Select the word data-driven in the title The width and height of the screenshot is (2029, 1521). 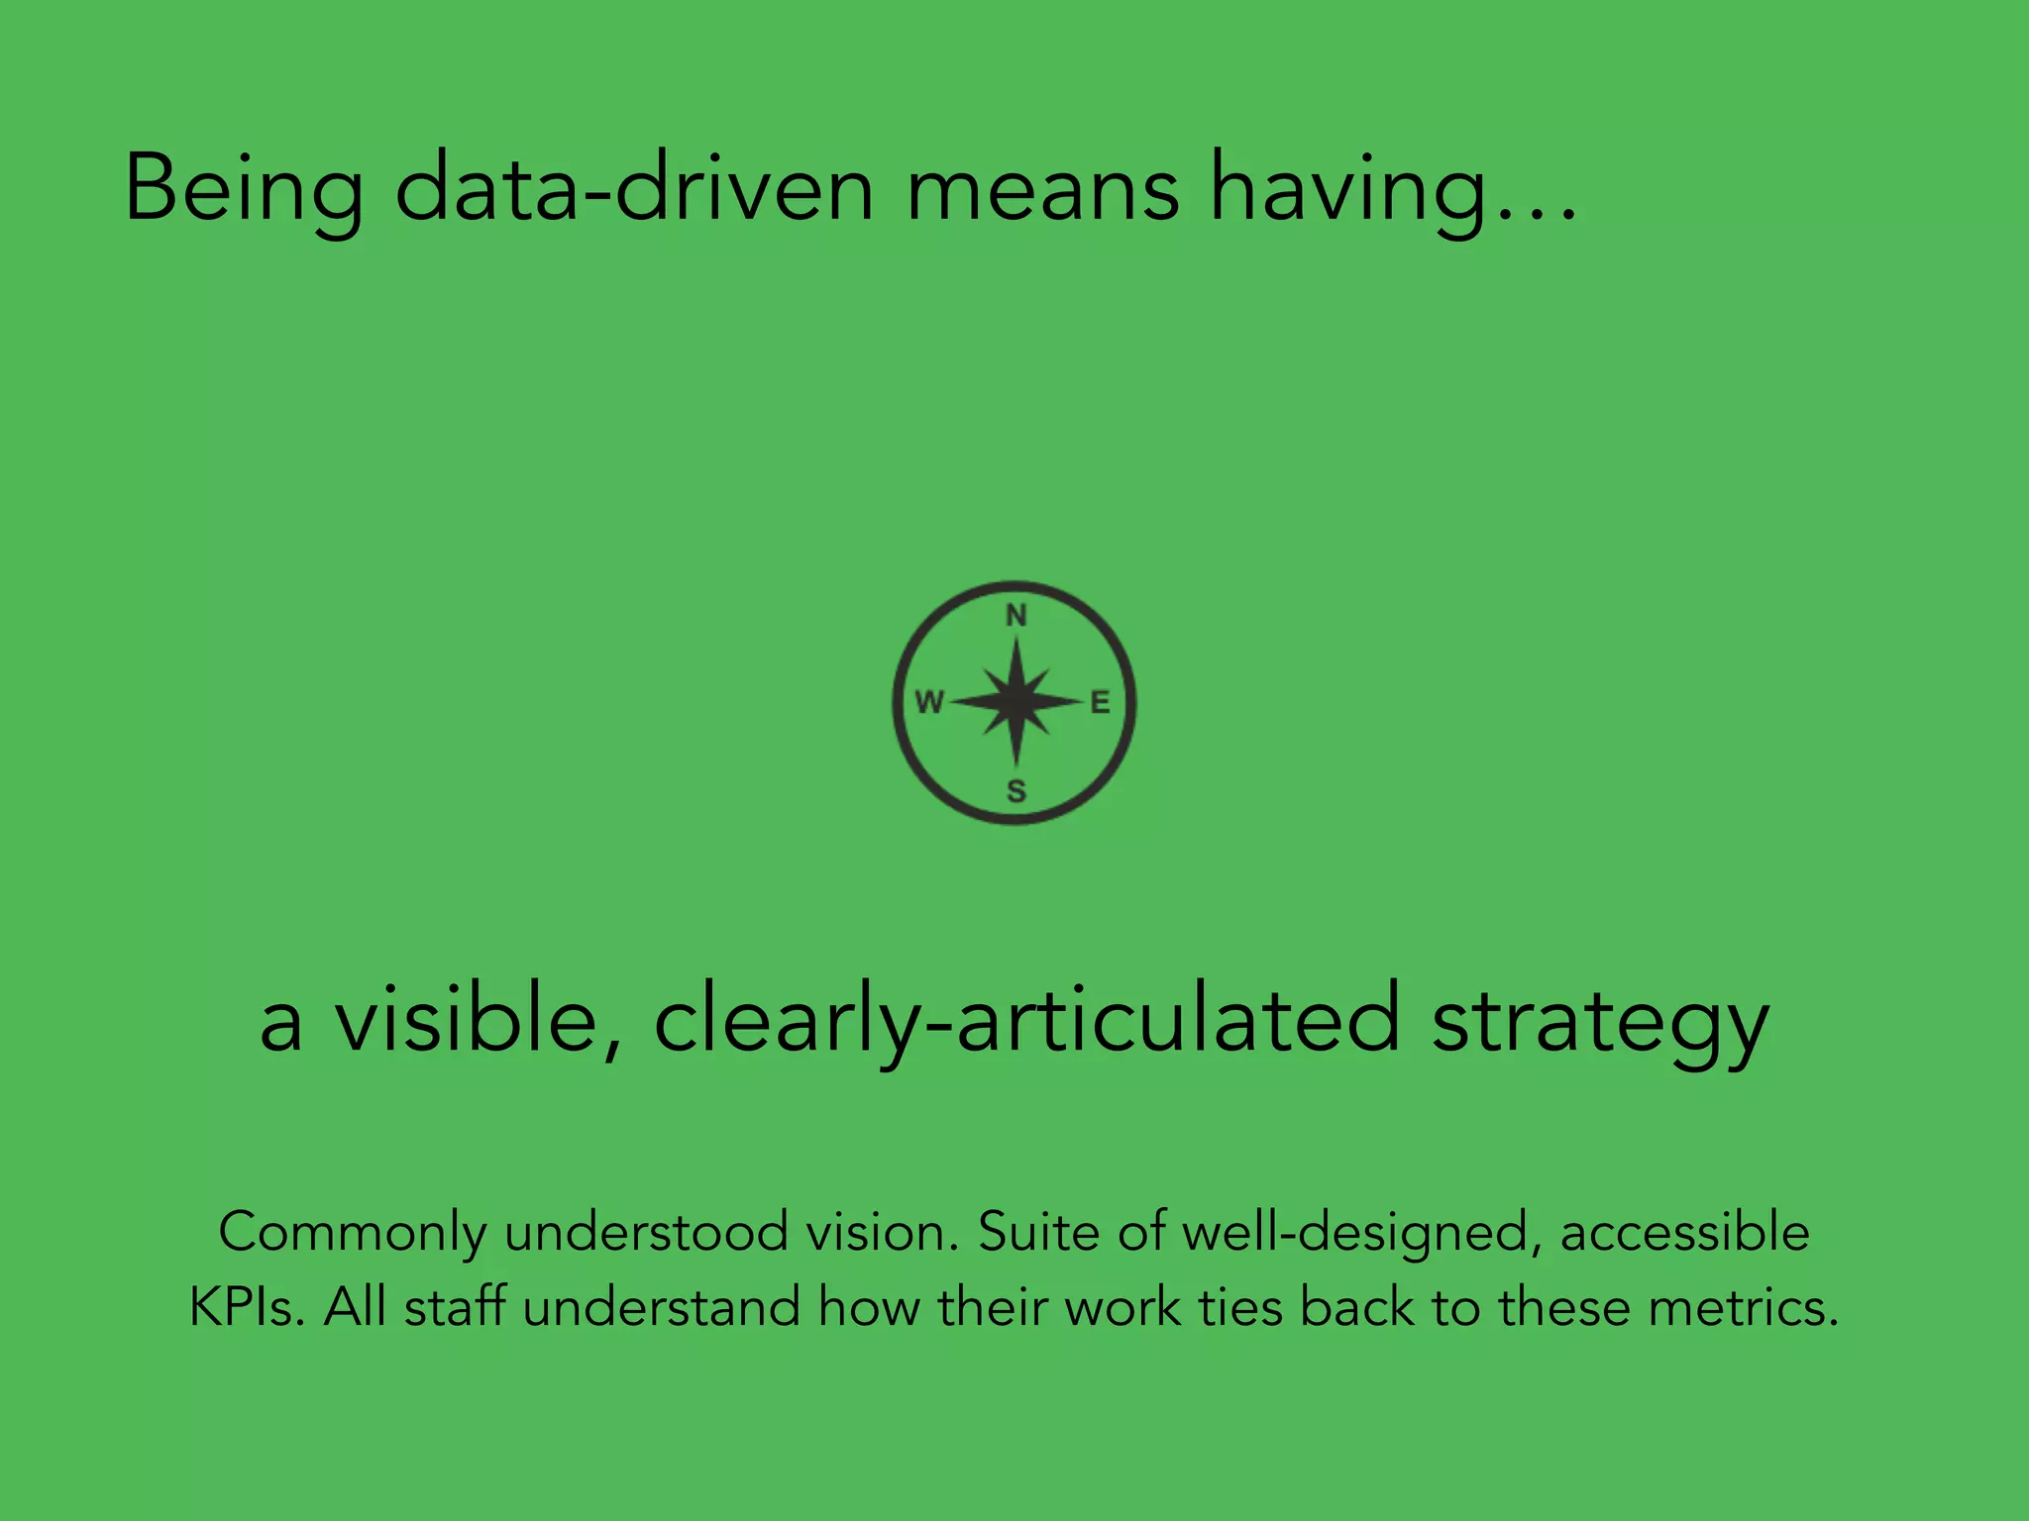pos(634,188)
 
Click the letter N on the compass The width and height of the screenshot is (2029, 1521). pos(1016,616)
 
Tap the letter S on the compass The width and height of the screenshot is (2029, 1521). pos(1016,791)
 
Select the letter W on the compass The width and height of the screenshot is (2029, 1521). pos(929,703)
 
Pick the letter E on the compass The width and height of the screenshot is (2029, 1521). pos(1100,703)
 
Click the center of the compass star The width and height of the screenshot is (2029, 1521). pos(1015,702)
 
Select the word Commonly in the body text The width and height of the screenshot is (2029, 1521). pos(353,1234)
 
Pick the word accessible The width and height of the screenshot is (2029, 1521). pos(1685,1232)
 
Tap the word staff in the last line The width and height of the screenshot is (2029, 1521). pos(455,1307)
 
